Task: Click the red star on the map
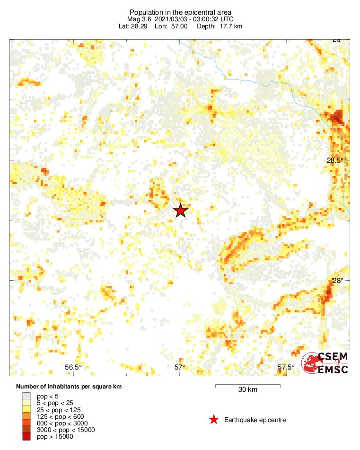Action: coord(180,211)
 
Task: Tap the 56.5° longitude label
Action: coord(73,367)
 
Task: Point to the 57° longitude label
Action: coord(180,367)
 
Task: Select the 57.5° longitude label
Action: coord(286,367)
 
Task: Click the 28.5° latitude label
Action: coord(335,160)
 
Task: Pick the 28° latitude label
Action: coord(337,281)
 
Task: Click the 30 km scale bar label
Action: coord(247,390)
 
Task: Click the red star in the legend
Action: coord(214,420)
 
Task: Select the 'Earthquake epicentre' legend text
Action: coord(255,420)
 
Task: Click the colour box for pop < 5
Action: coord(26,396)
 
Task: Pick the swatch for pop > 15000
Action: coord(26,437)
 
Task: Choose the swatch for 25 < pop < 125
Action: coord(26,409)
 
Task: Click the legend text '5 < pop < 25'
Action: coord(55,403)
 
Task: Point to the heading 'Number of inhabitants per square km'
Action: coord(69,387)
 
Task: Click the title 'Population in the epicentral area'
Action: coord(180,12)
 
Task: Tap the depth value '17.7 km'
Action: coord(230,26)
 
